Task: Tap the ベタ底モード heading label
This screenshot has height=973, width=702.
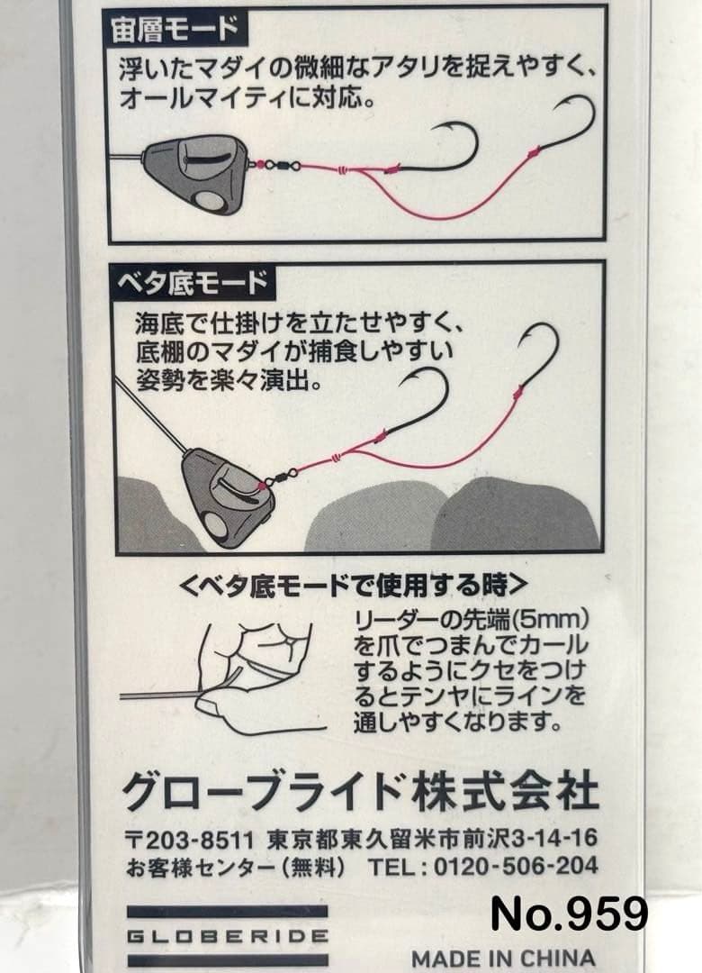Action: pos(193,282)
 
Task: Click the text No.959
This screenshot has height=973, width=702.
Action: pos(569,914)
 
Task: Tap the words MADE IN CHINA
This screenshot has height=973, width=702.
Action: pos(503,958)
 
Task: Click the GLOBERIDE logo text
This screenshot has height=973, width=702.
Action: pos(227,936)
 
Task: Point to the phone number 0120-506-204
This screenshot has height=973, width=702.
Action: pos(516,866)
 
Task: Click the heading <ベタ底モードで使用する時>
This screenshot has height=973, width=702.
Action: pos(354,585)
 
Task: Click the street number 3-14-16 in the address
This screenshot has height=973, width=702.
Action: pos(555,839)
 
